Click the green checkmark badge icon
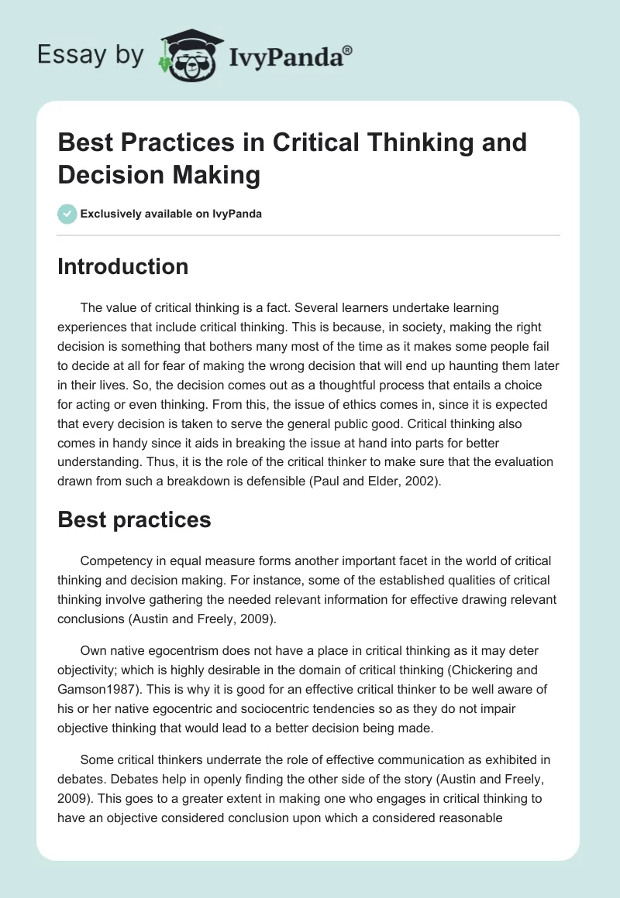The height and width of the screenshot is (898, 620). (x=67, y=214)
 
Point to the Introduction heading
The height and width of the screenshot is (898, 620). (x=123, y=266)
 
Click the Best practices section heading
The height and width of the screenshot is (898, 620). (x=134, y=519)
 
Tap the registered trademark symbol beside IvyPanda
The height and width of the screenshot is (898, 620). (x=348, y=50)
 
